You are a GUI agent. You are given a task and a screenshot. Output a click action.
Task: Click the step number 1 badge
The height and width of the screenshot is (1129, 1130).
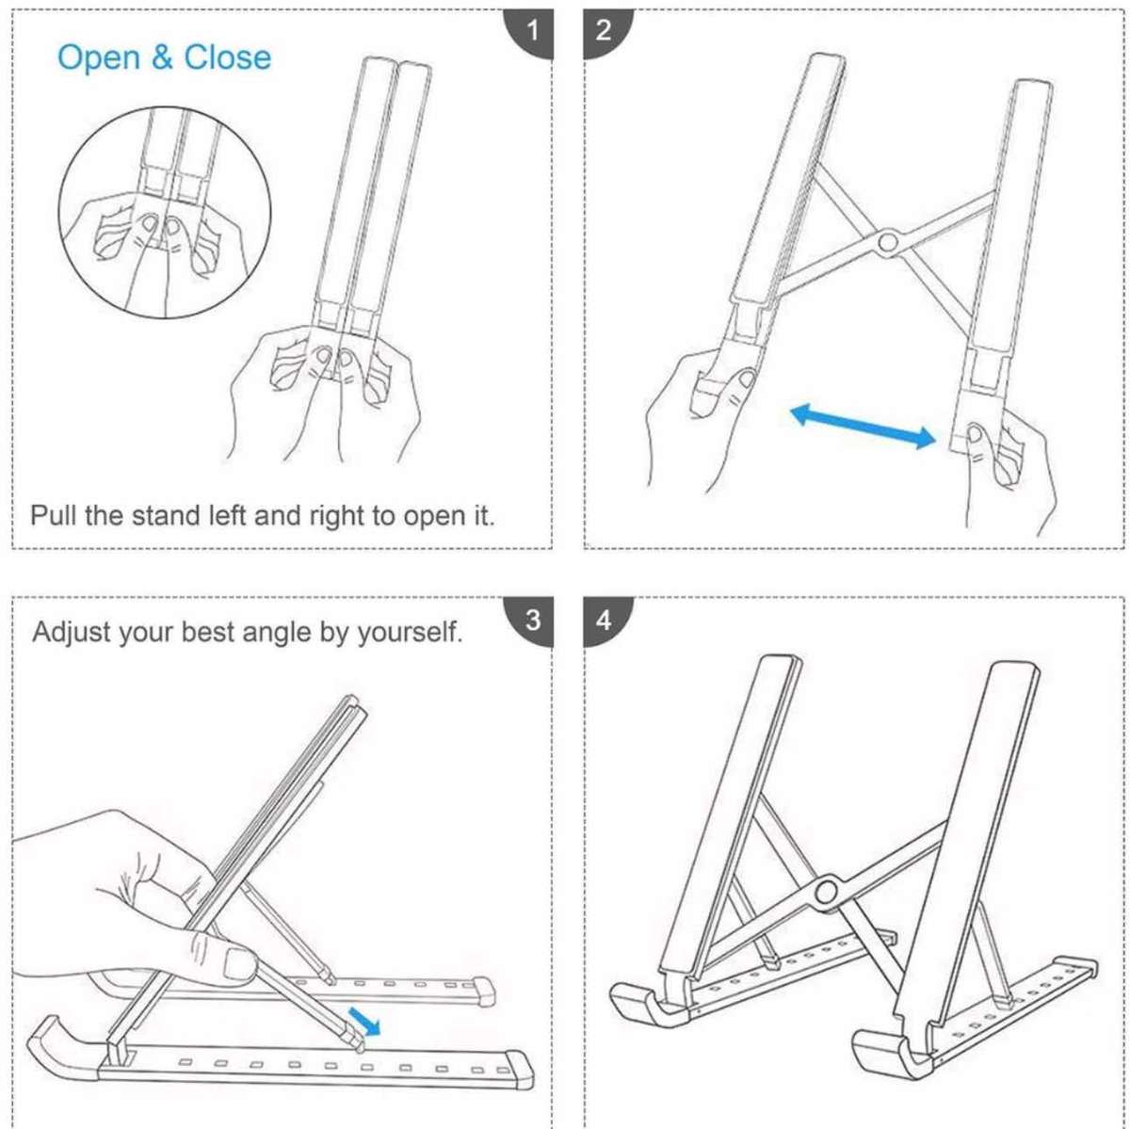[532, 31]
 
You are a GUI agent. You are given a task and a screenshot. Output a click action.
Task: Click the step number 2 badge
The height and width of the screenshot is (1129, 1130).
[604, 31]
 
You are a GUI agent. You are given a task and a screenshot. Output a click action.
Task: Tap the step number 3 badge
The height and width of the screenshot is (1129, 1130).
[532, 621]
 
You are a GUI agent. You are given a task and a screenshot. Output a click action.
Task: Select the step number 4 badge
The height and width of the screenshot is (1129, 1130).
[604, 621]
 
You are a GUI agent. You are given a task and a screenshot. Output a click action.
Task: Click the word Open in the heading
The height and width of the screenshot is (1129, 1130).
[99, 58]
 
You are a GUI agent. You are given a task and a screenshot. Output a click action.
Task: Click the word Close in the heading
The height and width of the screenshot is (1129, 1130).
[227, 57]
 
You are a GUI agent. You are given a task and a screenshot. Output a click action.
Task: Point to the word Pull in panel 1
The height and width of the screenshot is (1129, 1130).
[54, 516]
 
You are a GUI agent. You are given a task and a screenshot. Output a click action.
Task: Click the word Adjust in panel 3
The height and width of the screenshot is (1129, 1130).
[72, 632]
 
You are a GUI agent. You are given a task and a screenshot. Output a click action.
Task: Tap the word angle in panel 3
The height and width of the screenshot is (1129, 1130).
[278, 633]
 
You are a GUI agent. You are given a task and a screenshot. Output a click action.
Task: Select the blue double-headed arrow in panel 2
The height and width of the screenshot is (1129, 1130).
[863, 426]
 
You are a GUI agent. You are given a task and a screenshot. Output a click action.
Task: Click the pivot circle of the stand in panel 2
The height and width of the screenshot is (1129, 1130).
[886, 243]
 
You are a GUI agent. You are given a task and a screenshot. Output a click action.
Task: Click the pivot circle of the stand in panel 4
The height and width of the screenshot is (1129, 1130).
[828, 890]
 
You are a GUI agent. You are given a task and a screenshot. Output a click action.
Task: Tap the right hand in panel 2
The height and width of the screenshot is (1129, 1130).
[1008, 471]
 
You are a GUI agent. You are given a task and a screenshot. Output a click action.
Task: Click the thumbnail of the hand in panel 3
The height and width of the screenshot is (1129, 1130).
[237, 963]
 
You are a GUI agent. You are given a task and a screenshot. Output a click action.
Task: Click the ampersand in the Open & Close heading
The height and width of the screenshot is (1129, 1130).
[162, 58]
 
